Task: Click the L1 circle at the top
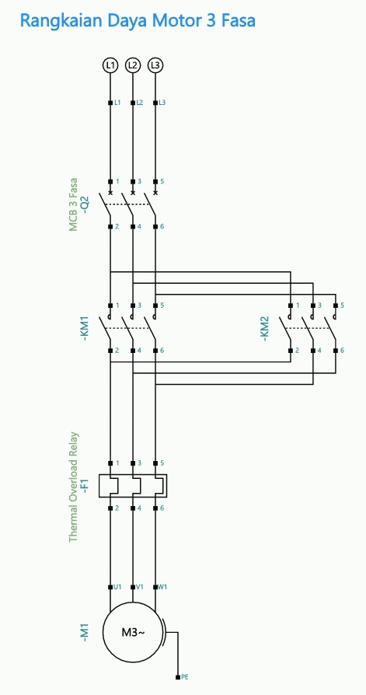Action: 110,65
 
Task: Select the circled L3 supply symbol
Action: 155,65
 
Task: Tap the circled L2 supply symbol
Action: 132,65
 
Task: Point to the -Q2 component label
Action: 86,204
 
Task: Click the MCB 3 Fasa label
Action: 73,204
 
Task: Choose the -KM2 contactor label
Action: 264,328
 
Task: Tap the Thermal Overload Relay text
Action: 74,487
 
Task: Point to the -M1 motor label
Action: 85,633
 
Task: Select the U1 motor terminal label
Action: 117,586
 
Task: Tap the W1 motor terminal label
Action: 162,586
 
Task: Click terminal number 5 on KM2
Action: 342,306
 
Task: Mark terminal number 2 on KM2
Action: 297,350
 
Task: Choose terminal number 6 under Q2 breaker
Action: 162,226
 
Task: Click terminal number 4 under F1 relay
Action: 140,508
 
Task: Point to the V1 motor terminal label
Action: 140,586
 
